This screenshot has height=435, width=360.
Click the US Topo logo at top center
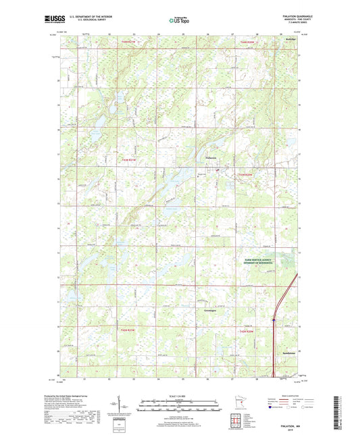coord(180,21)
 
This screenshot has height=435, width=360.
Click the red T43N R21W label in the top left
coord(128,42)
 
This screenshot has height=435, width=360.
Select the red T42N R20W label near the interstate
coord(247,331)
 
